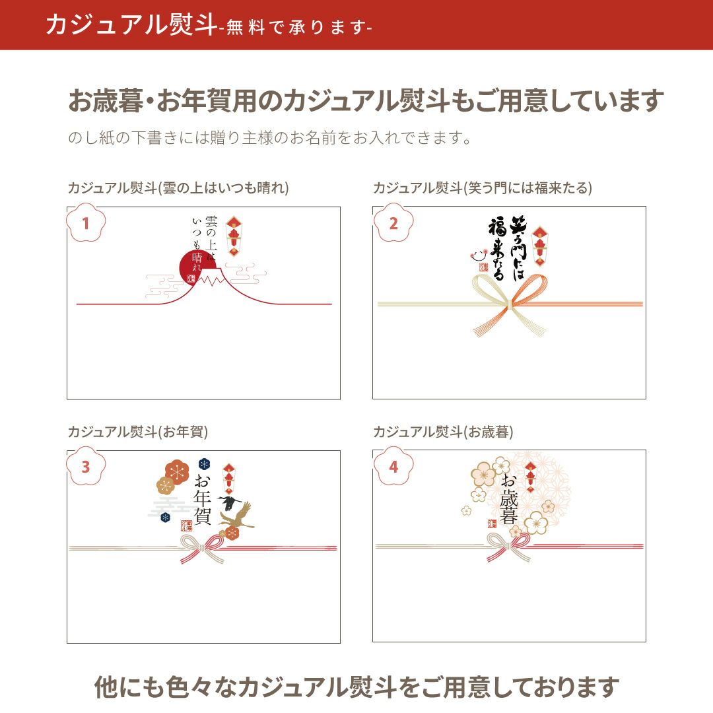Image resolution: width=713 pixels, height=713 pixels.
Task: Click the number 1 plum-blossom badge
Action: pyautogui.click(x=85, y=223)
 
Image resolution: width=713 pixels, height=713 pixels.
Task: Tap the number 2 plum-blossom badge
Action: pyautogui.click(x=393, y=223)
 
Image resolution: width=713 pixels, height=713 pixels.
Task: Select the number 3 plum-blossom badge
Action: pyautogui.click(x=85, y=467)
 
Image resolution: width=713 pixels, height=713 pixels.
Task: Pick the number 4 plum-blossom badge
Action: pyautogui.click(x=393, y=467)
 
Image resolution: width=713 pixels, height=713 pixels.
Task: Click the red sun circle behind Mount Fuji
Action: pyautogui.click(x=190, y=263)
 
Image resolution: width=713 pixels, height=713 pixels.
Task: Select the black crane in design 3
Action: pyautogui.click(x=230, y=502)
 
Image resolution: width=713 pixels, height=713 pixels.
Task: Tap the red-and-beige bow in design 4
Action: pyautogui.click(x=509, y=546)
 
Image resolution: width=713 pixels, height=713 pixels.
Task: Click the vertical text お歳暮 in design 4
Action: pyautogui.click(x=509, y=499)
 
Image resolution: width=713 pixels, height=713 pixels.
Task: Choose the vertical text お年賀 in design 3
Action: pyautogui.click(x=203, y=499)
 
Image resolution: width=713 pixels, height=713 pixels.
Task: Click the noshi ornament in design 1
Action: pyautogui.click(x=233, y=236)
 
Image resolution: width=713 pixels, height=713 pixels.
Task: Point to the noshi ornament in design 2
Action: pyautogui.click(x=539, y=246)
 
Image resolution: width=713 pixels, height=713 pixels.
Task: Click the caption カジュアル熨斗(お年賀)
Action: pyautogui.click(x=138, y=432)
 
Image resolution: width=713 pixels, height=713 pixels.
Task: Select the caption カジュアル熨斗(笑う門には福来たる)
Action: pyautogui.click(x=483, y=187)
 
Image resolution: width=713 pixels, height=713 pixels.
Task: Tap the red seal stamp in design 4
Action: pyautogui.click(x=492, y=524)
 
